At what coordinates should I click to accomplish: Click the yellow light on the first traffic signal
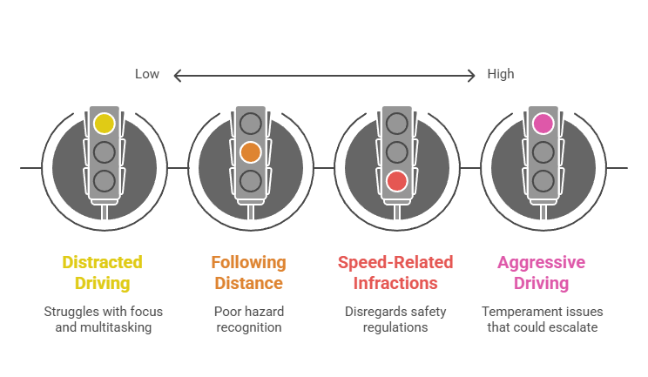[x=105, y=124]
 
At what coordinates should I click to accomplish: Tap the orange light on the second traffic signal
[x=251, y=152]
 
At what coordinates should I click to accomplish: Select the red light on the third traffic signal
[x=397, y=181]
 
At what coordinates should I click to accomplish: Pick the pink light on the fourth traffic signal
[x=543, y=124]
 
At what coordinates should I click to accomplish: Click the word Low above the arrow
[x=146, y=74]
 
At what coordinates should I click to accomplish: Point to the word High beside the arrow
[x=501, y=74]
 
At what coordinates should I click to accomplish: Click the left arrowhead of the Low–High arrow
[x=178, y=76]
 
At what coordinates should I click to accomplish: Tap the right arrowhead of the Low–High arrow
[x=474, y=76]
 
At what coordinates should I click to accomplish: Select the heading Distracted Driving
[x=103, y=273]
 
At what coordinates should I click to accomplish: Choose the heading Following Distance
[x=248, y=273]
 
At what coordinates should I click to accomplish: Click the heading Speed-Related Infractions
[x=395, y=273]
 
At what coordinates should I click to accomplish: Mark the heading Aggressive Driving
[x=541, y=273]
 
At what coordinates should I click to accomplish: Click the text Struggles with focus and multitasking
[x=103, y=319]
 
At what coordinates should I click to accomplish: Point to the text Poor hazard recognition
[x=248, y=319]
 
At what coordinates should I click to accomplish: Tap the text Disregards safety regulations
[x=395, y=319]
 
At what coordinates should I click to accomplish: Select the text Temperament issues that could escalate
[x=542, y=319]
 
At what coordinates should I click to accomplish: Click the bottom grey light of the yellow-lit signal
[x=105, y=181]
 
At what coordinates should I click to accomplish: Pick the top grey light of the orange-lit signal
[x=251, y=124]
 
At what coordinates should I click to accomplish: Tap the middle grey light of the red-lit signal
[x=397, y=152]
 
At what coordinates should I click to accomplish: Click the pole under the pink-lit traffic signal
[x=543, y=211]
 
